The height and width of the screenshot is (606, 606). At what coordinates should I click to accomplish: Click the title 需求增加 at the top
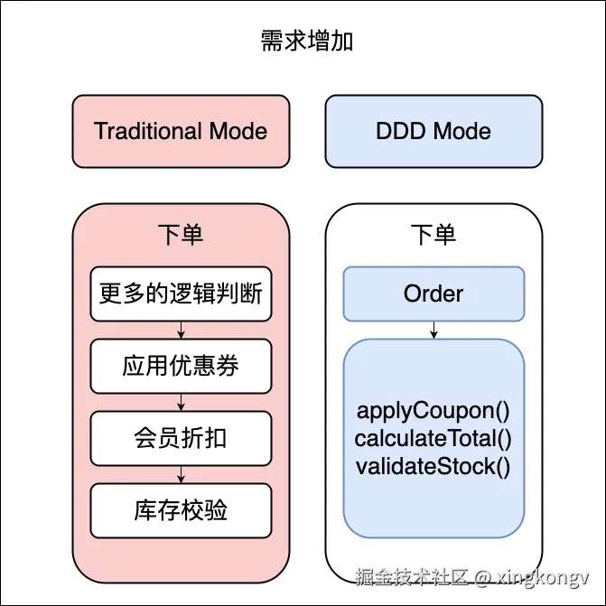(x=303, y=42)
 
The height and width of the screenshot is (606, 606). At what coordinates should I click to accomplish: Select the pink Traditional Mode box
(x=181, y=131)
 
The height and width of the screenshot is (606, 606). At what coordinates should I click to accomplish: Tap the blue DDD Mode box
(x=434, y=131)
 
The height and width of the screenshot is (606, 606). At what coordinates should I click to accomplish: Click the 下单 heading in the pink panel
(x=181, y=235)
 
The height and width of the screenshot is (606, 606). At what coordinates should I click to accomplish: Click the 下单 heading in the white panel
(x=434, y=235)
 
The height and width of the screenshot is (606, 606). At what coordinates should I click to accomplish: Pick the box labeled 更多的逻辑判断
(x=181, y=294)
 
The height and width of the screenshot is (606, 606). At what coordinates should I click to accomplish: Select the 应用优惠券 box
(x=181, y=366)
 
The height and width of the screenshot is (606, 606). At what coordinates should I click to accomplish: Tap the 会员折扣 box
(x=181, y=438)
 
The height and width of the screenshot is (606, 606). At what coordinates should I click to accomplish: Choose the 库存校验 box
(x=181, y=510)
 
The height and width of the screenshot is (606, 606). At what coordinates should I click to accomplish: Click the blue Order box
(x=434, y=294)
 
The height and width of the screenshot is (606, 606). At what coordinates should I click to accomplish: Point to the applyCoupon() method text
(x=434, y=411)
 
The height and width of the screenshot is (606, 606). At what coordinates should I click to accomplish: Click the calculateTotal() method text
(x=434, y=439)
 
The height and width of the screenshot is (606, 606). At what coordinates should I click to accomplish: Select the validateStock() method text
(x=434, y=467)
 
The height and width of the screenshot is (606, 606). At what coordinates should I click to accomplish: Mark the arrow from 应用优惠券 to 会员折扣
(x=181, y=402)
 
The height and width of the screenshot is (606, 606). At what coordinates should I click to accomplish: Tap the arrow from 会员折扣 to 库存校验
(x=181, y=474)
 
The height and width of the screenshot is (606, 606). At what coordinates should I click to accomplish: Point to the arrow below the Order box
(x=434, y=330)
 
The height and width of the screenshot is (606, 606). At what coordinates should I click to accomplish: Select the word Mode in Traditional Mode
(x=238, y=131)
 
